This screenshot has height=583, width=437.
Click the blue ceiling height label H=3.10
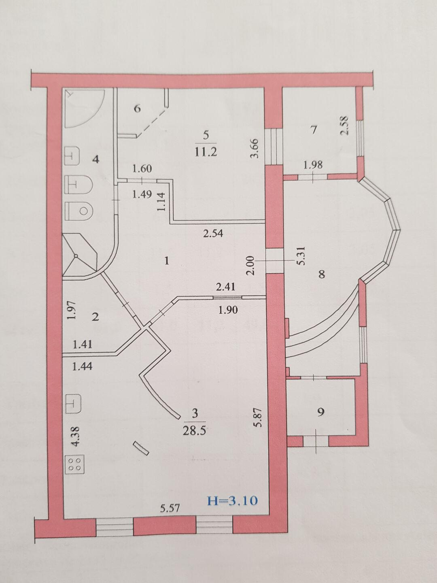click(x=232, y=501)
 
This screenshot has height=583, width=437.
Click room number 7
click(x=314, y=130)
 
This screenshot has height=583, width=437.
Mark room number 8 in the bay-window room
click(x=322, y=274)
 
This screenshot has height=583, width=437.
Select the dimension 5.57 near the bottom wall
click(x=170, y=509)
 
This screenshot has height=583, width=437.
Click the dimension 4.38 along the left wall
click(x=76, y=437)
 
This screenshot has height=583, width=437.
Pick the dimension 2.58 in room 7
click(x=345, y=126)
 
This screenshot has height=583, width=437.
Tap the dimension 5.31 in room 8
click(x=302, y=255)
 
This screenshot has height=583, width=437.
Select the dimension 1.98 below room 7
click(x=313, y=165)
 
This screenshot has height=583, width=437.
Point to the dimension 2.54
click(x=213, y=234)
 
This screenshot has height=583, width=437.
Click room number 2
click(x=95, y=317)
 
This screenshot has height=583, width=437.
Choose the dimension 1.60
click(x=142, y=168)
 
